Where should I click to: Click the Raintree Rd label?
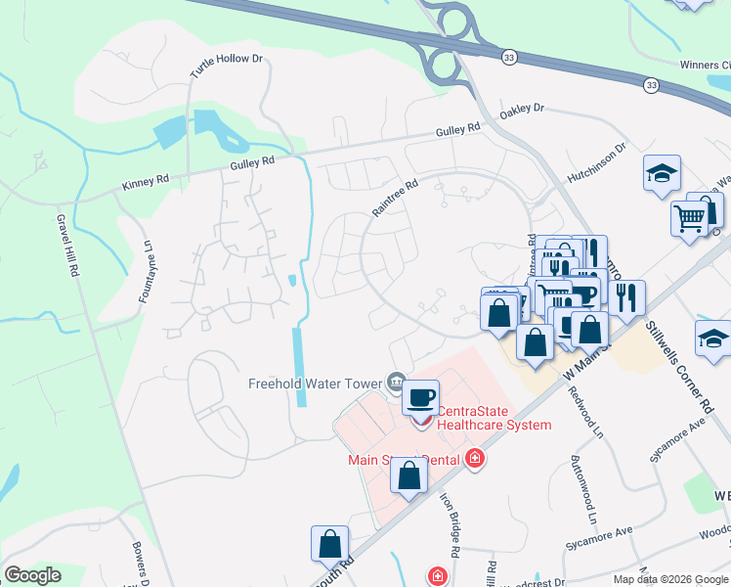tap(394, 197)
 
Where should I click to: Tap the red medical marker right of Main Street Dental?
tap(475, 458)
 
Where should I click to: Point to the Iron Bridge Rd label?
tap(451, 519)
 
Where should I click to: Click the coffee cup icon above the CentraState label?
tap(420, 397)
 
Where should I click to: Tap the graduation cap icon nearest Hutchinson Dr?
tap(662, 173)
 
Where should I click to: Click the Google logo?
tap(33, 575)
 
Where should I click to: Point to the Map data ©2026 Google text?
tap(669, 579)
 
